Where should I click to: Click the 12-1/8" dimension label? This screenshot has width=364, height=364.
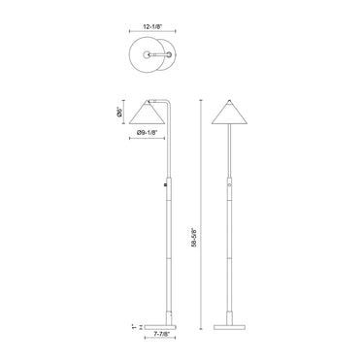[x=152, y=27]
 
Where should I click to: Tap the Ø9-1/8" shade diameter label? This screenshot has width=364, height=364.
[x=147, y=132]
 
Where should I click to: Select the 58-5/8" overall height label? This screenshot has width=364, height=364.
[x=194, y=238]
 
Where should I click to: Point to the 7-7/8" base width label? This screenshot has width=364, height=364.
[x=160, y=333]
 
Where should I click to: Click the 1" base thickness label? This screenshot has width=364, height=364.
[x=133, y=327]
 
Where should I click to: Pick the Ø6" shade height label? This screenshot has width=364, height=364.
[x=120, y=112]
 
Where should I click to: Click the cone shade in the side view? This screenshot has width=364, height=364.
[x=148, y=114]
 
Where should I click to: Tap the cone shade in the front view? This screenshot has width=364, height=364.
[x=230, y=114]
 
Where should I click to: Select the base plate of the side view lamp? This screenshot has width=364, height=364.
[x=160, y=327]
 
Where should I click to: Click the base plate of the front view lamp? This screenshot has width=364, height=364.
[x=229, y=327]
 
